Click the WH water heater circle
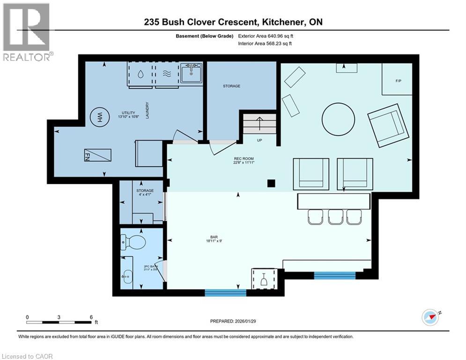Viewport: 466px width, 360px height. click(99, 116)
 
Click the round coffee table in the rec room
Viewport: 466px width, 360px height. click(339, 119)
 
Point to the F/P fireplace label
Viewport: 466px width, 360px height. click(399, 81)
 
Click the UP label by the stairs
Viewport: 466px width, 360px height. click(259, 140)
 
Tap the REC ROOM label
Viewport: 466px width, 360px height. click(244, 161)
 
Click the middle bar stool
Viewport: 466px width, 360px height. click(336, 217)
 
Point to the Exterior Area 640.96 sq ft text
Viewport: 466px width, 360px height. click(266, 36)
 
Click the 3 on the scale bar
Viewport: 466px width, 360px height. click(59, 317)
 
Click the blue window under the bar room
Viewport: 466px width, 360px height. click(225, 293)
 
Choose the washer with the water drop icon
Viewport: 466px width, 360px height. click(141, 74)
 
